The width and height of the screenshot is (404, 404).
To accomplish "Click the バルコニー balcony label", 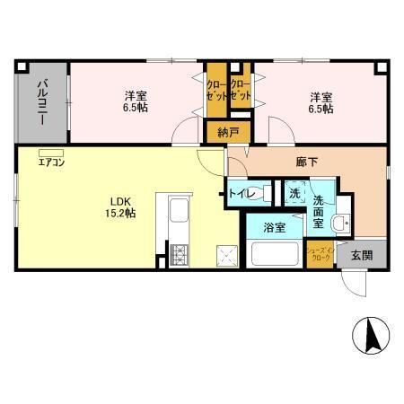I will pos(42,101).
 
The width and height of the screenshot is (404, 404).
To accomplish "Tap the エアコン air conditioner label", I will pos(50,162).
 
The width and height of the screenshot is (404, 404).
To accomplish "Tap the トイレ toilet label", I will pos(244,193).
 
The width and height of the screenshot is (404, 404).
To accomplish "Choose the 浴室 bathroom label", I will pos(275,228).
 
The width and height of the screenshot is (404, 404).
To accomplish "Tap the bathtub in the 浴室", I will pos(277,253).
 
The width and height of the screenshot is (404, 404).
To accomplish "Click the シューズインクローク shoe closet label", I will pos(319,254).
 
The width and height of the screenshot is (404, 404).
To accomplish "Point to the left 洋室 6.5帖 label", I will pos(136,101).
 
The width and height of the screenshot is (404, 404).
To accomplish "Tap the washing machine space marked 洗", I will pos(294,192).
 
